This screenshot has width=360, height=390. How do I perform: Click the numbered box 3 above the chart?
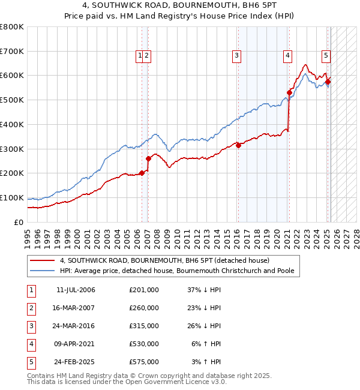tap(237, 56)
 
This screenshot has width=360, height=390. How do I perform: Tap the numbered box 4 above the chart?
tap(288, 56)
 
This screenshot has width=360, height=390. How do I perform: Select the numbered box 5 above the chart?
tap(326, 56)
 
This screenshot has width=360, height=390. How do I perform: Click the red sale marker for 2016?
tap(238, 145)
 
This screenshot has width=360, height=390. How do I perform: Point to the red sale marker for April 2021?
tap(289, 92)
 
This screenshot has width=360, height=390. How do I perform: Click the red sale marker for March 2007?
tap(148, 158)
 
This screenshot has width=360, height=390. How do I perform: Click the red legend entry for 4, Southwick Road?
tap(165, 260)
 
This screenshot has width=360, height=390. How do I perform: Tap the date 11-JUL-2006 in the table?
tap(76, 290)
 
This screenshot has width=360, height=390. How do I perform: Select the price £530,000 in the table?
tap(144, 344)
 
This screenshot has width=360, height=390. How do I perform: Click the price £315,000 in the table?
tap(144, 326)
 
